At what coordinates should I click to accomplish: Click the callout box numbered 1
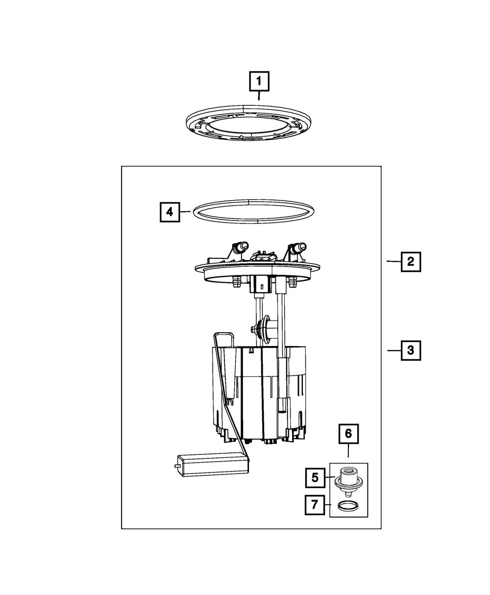pos(259,81)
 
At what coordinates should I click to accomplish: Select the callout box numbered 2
pos(411,262)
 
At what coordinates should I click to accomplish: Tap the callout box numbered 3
pos(411,350)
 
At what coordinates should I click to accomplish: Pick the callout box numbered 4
pos(170,212)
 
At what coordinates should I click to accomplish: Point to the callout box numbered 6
pos(348,433)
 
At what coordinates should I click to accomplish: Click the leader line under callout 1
pos(259,96)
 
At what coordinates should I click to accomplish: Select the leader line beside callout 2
pos(393,262)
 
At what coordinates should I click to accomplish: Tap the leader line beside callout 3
pos(393,350)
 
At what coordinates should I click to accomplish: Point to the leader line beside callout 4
pos(185,212)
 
